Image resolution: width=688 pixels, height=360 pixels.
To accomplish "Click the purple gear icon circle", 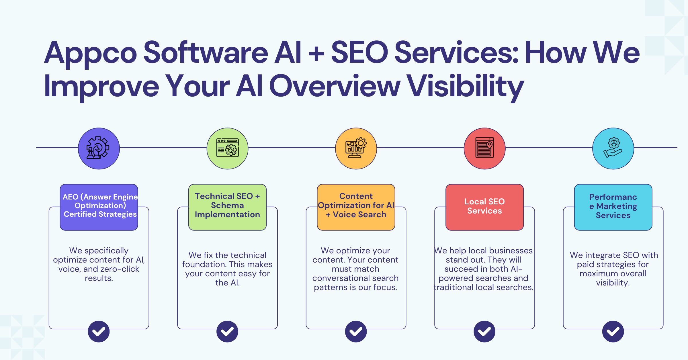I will click(99, 148).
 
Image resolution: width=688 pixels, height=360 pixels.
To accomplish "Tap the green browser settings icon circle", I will click(227, 148).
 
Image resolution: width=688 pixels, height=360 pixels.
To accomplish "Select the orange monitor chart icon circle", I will click(356, 148).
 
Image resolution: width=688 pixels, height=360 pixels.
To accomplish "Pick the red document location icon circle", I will click(484, 148).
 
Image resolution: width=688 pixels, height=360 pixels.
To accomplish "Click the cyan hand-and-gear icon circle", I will click(613, 148).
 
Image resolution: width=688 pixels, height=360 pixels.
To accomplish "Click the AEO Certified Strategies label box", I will click(99, 207).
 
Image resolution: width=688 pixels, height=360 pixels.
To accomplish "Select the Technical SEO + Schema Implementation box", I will click(227, 207).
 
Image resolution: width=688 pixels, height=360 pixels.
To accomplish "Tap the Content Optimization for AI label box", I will click(356, 207).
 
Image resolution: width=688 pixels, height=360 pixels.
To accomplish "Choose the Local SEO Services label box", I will click(484, 207).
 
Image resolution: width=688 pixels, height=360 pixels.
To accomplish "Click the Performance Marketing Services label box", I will click(613, 207).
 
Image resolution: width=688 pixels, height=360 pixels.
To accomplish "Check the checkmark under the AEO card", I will click(99, 331).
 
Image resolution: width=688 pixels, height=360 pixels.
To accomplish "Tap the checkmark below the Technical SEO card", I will click(227, 331).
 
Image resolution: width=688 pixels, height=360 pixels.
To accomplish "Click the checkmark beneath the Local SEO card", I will click(484, 331).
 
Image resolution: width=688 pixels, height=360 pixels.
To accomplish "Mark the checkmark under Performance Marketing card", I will click(613, 331).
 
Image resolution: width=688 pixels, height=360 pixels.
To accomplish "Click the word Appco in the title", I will click(91, 53).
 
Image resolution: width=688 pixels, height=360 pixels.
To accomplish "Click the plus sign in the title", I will click(316, 53).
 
